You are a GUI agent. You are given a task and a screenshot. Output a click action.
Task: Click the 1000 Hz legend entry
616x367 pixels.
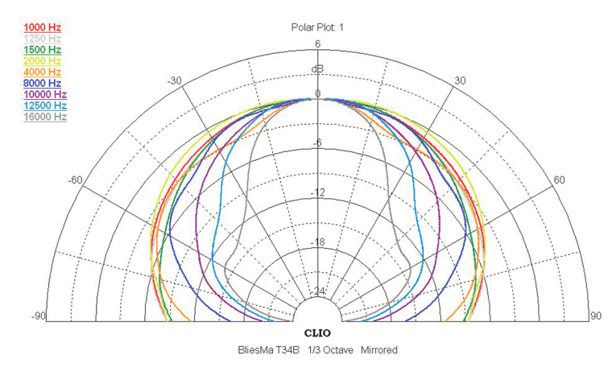tap(43, 27)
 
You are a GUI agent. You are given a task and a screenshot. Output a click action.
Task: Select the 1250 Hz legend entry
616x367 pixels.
tap(43, 39)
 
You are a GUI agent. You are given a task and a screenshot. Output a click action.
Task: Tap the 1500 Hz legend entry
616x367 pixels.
tap(43, 50)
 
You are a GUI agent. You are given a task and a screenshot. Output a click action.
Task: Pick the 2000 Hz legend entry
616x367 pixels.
tap(43, 61)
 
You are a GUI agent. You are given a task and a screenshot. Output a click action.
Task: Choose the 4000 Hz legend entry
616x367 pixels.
tap(43, 72)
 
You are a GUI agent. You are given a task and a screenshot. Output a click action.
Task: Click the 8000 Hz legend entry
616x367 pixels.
tap(43, 83)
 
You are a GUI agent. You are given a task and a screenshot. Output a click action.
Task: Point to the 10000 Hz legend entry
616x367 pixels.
tap(45, 95)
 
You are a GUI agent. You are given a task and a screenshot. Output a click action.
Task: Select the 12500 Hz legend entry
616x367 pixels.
tap(45, 105)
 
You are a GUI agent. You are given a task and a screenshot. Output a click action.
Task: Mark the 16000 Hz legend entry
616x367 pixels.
tap(45, 117)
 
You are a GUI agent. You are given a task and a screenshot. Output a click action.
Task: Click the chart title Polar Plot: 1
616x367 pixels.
tap(317, 27)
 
